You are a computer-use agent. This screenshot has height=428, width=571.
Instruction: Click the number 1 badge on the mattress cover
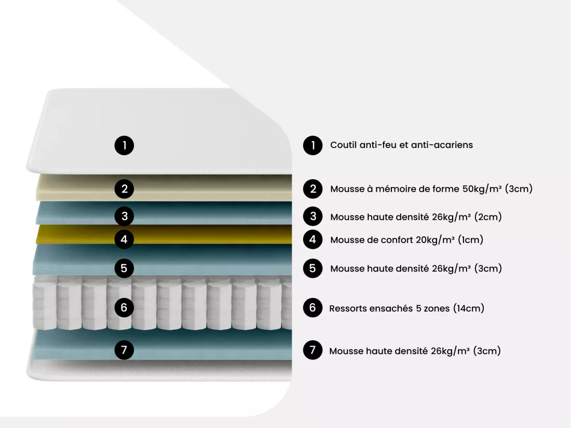[x=124, y=146]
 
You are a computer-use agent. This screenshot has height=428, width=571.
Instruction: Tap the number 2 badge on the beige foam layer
[x=124, y=189]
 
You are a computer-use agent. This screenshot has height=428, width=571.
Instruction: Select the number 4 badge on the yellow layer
[x=124, y=239]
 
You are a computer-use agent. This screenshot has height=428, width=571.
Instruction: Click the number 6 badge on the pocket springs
[x=124, y=307]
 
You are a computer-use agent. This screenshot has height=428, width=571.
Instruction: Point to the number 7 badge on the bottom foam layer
[x=124, y=350]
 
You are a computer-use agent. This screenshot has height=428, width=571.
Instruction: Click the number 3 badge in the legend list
[x=313, y=217]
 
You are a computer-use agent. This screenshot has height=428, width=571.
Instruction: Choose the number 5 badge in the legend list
[x=313, y=269]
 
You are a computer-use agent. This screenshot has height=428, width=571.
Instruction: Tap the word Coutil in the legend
[x=343, y=145]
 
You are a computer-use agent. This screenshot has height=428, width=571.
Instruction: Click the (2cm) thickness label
[x=488, y=217]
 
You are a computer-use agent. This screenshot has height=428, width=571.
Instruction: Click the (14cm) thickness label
[x=469, y=309]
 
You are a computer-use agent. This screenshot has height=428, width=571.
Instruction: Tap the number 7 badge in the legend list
[x=313, y=350]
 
